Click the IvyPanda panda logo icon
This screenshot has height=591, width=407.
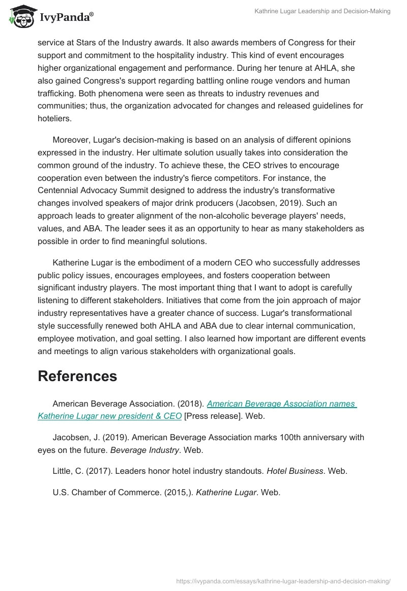click(21, 16)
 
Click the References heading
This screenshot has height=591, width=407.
click(77, 376)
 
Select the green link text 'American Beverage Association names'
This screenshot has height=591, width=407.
click(281, 404)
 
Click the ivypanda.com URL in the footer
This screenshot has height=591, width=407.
click(283, 581)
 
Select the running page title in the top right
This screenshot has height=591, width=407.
click(323, 11)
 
